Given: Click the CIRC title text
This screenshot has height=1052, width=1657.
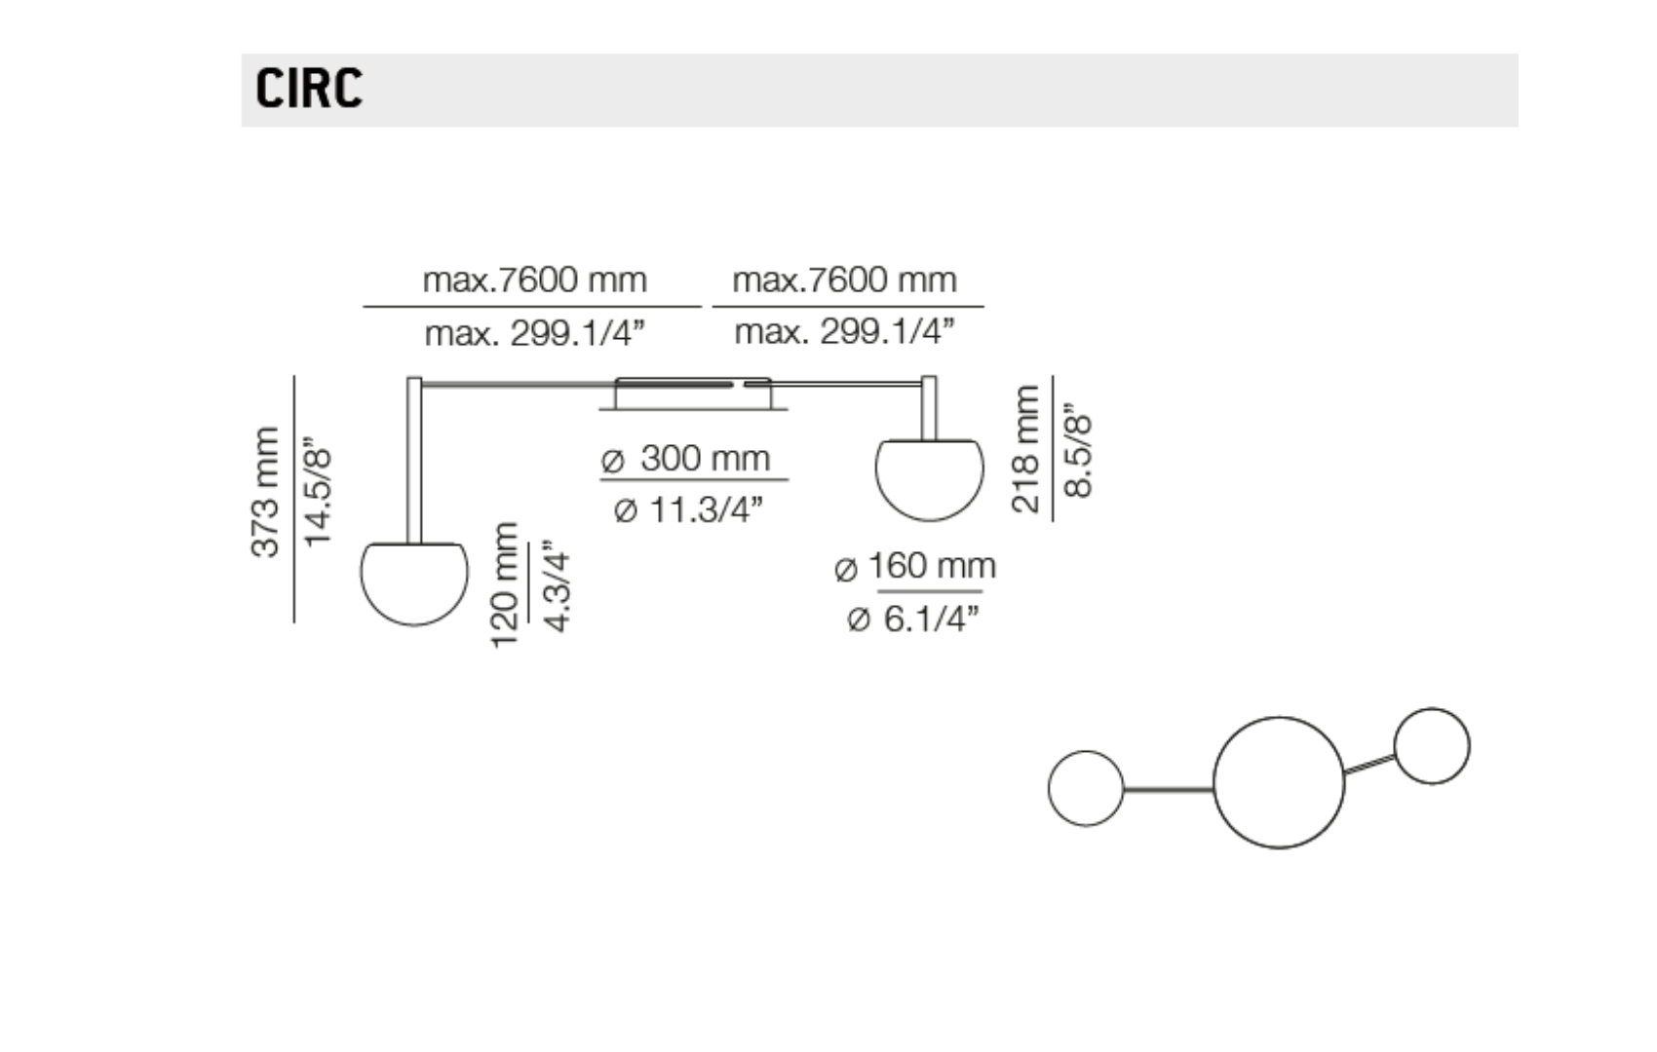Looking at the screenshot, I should pos(308,88).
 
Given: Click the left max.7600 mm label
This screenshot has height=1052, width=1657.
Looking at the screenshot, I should pos(534,281).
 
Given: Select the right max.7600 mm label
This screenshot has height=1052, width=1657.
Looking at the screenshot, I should pos(844,281).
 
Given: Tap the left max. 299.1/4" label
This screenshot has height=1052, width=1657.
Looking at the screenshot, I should pos(534,334).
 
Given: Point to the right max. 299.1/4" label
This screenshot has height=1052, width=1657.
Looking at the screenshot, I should pos(844,332).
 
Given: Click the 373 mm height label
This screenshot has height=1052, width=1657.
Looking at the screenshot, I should pos(265,492).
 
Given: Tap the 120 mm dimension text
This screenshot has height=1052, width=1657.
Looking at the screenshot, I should pos(504,584).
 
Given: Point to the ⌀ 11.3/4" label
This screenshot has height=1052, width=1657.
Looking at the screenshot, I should pos(688,509).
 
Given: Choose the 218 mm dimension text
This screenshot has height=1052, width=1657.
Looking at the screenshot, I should pos(1025,448).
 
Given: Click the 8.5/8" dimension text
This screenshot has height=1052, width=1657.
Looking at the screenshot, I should pos(1078,450).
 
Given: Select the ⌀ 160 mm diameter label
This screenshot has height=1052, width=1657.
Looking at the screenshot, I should pos(915,566).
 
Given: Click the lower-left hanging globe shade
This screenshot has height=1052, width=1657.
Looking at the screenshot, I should pos(414,582).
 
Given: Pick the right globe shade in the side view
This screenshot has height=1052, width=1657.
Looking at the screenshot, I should pos(929,478).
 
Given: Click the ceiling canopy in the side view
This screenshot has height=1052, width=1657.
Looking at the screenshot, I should pos(692,394).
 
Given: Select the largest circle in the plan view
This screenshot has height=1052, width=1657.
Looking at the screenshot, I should pos(1278,782).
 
